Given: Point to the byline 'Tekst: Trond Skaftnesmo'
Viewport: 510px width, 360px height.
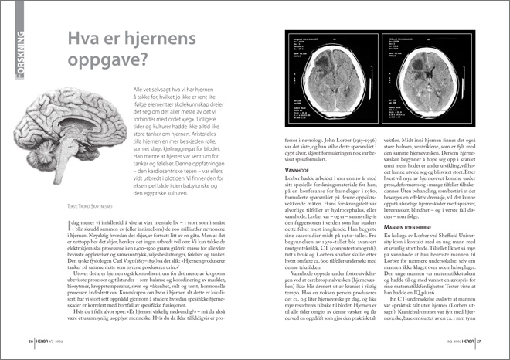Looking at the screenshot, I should (57, 228).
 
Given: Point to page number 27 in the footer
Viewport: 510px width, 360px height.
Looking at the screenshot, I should (479, 340).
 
